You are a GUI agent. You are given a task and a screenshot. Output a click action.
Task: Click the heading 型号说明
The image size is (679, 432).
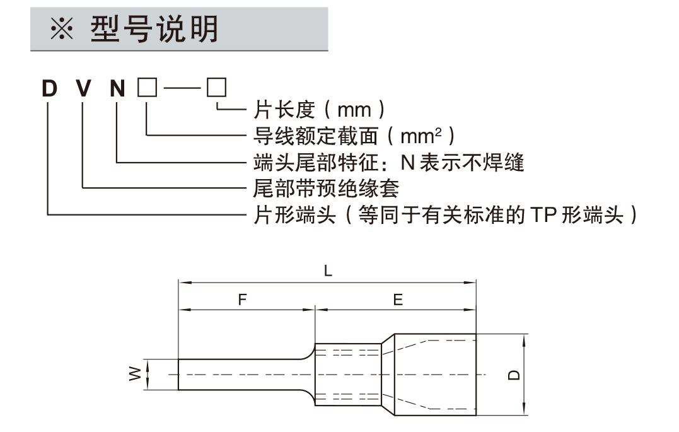(154, 28)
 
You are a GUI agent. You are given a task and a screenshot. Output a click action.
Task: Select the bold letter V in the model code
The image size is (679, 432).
(83, 88)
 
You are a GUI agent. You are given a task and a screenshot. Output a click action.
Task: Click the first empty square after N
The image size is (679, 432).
(146, 88)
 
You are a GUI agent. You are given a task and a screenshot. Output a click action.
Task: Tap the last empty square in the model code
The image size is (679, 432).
(216, 88)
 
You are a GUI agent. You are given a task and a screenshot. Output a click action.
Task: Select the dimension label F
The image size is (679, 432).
(242, 301)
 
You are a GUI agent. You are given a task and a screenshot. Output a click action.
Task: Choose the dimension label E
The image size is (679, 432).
(398, 301)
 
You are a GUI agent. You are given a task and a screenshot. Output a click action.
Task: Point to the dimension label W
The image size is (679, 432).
(134, 375)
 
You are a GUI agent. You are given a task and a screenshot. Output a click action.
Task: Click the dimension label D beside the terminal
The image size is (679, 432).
(515, 375)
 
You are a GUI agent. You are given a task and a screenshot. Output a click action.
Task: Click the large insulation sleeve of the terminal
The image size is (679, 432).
(435, 375)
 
